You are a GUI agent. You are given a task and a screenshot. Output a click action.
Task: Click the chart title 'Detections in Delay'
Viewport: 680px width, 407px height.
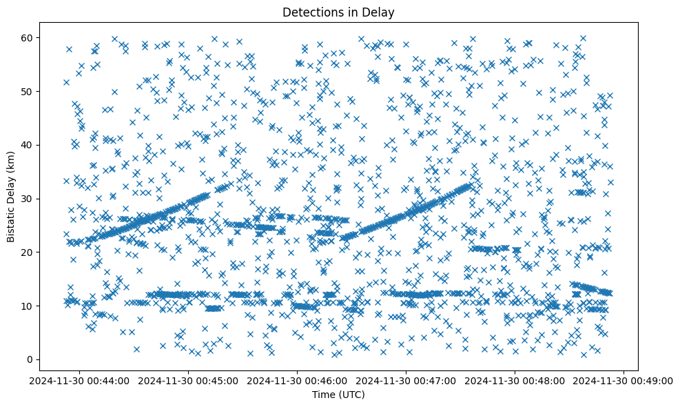(338, 12)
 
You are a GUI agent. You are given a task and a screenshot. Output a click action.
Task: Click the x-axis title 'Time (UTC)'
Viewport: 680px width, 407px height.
(338, 395)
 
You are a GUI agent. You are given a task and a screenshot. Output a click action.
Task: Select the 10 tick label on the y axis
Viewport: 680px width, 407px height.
(25, 306)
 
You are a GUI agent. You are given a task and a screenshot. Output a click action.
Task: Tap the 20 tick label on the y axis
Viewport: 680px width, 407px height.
(25, 252)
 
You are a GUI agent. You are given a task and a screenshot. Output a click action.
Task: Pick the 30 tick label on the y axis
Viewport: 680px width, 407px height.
(25, 199)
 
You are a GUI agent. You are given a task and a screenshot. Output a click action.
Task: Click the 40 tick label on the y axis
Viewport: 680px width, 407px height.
(25, 145)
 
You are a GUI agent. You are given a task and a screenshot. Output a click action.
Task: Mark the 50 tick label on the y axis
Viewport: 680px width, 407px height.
(25, 91)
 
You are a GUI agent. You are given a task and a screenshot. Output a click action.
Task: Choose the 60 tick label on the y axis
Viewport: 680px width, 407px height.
(25, 37)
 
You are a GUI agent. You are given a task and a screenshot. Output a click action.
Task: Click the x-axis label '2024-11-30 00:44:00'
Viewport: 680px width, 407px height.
(80, 380)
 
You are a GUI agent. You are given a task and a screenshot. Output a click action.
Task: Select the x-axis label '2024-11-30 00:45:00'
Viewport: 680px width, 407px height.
(189, 380)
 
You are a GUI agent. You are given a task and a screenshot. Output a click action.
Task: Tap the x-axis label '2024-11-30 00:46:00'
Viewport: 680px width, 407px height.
(298, 380)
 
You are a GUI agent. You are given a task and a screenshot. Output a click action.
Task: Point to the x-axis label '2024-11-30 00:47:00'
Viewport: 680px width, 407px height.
(406, 380)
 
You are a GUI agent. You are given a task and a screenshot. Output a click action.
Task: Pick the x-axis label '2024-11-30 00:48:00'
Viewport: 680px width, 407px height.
(515, 380)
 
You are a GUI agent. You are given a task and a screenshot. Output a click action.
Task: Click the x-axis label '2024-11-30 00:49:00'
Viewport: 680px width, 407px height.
(624, 380)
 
